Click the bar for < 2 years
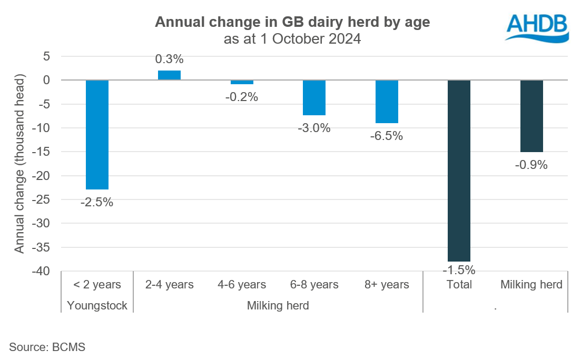[x=97, y=135]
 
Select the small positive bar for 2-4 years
[x=170, y=75]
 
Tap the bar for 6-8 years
[x=314, y=98]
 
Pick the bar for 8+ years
[x=387, y=102]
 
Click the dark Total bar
[x=459, y=171]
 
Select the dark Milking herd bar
[x=531, y=116]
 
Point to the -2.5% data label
[x=97, y=202]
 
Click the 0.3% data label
[x=170, y=59]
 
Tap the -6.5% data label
[x=387, y=136]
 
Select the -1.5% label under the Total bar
[x=459, y=271]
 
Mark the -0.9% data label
[x=531, y=165]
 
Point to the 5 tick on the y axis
[x=46, y=56]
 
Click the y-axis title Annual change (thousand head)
[x=19, y=164]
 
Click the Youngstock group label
[x=97, y=306]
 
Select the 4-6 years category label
[x=242, y=285]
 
